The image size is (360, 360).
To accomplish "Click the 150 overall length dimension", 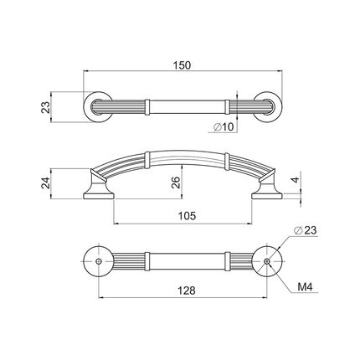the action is point(182,65).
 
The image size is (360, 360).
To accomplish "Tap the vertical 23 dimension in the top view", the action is point(45,107).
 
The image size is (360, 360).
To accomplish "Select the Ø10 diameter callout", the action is point(224,127).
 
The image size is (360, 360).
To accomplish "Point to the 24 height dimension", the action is point(45,183).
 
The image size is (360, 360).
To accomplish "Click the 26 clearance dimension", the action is point(176,183).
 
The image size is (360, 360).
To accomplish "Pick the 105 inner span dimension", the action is point(188,216).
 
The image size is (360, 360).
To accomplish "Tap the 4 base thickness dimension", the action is point(296,180).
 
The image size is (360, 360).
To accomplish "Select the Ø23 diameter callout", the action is point(306,230).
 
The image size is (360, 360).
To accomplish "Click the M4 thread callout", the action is point(305,286).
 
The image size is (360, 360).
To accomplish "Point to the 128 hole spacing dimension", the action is point(187,291).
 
